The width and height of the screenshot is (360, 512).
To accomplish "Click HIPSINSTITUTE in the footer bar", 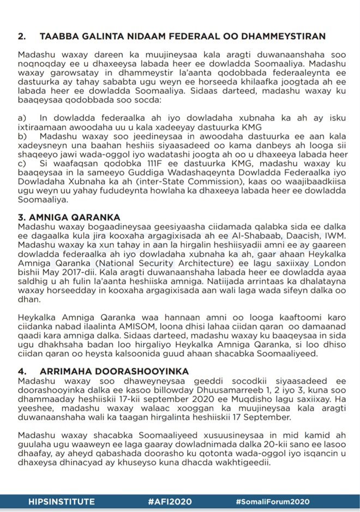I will click(62, 502).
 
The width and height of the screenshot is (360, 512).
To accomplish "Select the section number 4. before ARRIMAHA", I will click(22, 371).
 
